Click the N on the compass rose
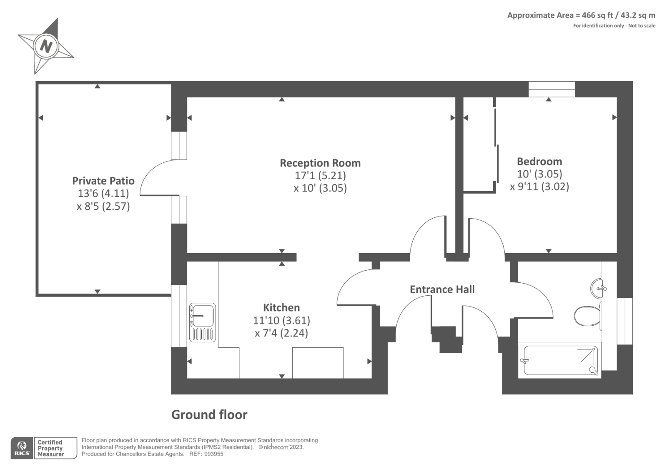point(45,45)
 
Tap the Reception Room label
point(320,163)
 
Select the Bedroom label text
point(539,161)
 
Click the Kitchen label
point(281,307)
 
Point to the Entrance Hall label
point(442,289)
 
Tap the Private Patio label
point(103,181)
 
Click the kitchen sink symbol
point(203,322)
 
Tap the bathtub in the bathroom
point(559,361)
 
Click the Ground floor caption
point(209,414)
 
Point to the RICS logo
point(22,448)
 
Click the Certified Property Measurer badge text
point(50,448)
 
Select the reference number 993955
point(212,454)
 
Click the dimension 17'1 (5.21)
point(320,176)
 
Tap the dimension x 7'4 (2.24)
point(281,333)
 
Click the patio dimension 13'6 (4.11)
point(103,193)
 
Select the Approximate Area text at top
point(581,15)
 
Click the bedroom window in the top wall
point(552,89)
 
